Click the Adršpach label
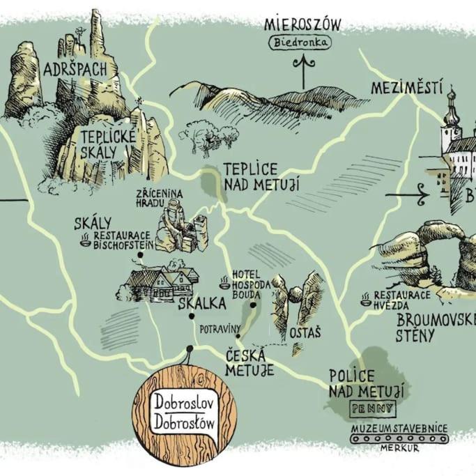75,70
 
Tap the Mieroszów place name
302,24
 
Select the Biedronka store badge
300,43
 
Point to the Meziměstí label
406,88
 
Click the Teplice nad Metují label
261,177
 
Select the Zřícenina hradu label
159,198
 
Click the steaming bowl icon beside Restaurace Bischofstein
86,240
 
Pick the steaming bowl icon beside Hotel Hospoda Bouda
225,282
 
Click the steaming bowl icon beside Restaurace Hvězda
366,299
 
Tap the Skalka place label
202,303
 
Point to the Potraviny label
220,329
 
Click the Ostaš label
305,332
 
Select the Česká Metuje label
249,363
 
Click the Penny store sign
374,408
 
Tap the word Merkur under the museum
399,447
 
